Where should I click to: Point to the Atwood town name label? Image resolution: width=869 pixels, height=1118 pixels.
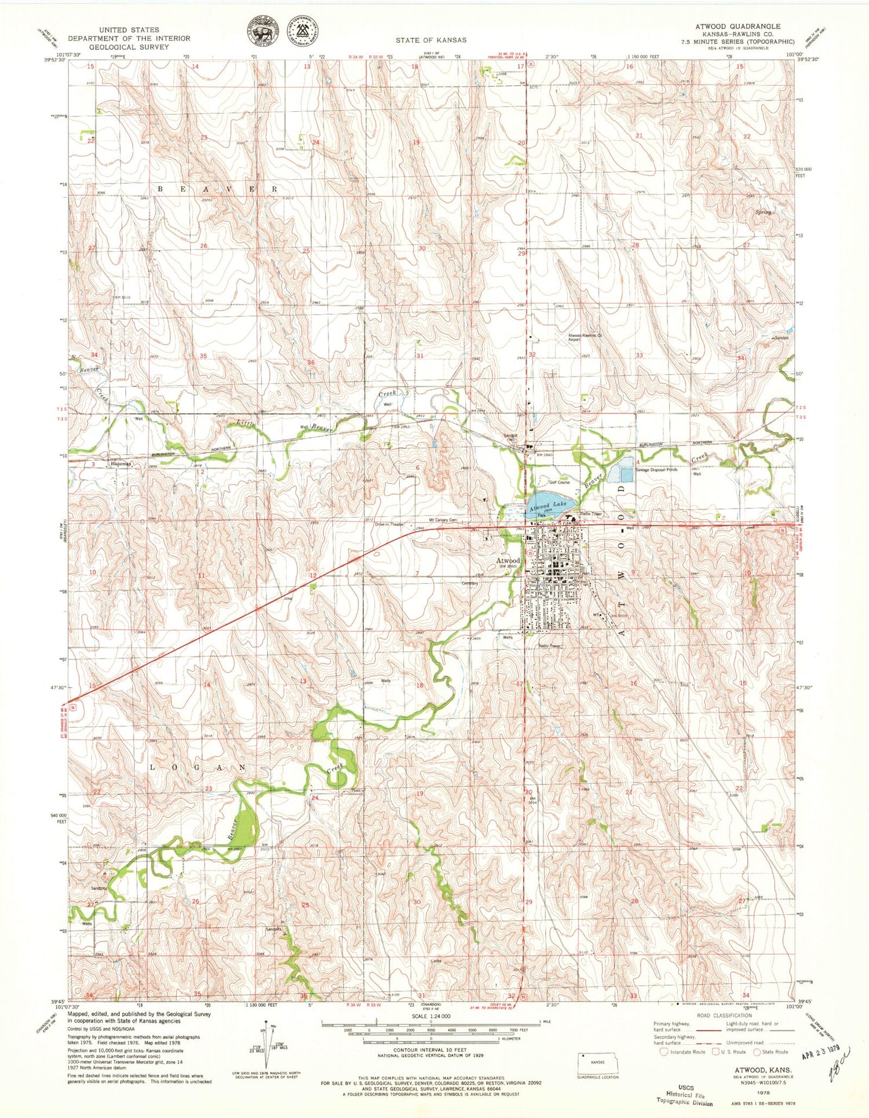(507, 561)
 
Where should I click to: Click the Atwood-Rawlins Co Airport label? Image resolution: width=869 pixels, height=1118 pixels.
(585, 338)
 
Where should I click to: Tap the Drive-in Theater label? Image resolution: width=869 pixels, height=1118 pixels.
(389, 524)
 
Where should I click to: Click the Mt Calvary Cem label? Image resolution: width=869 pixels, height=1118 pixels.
(443, 520)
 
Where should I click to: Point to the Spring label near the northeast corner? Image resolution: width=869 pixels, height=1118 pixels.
(763, 213)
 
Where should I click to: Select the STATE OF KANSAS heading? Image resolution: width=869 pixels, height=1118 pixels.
(431, 40)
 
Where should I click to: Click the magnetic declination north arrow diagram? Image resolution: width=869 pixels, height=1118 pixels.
(266, 1047)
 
